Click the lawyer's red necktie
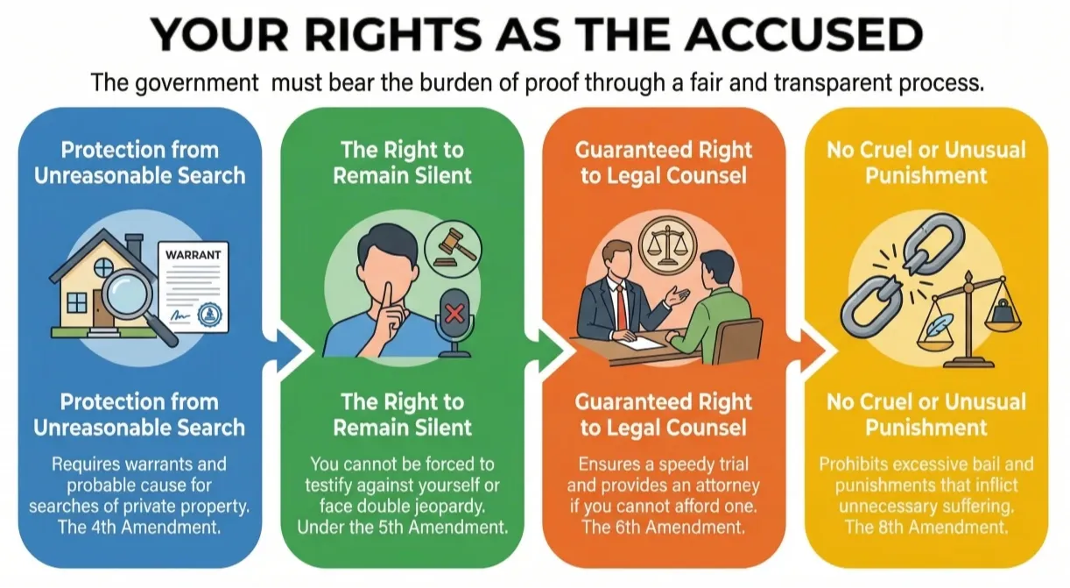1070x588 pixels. tap(620, 302)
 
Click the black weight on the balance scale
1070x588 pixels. tap(998, 312)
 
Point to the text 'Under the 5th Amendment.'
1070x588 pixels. tap(402, 527)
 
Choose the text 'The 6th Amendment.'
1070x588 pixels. tap(663, 527)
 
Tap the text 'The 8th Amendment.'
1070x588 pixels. tap(926, 527)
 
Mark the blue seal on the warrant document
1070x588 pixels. tap(210, 314)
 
